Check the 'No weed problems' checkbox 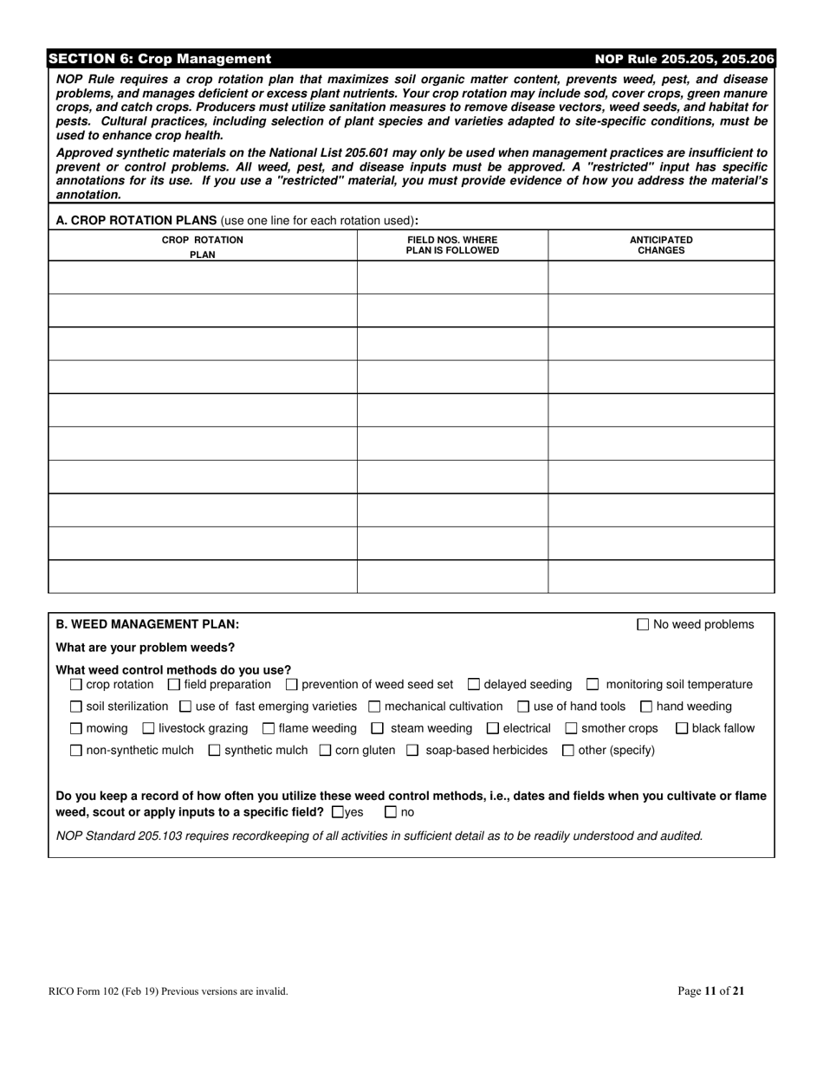tap(643, 624)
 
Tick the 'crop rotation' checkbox tap(76, 685)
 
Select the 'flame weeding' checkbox tap(269, 729)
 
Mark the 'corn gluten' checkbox tap(326, 751)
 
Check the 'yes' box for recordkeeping tap(339, 812)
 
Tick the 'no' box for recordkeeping tap(391, 812)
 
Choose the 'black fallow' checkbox tap(682, 729)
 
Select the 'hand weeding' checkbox tap(646, 707)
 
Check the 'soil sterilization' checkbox tap(76, 707)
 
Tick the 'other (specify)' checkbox tap(568, 751)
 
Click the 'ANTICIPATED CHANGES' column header tap(661, 245)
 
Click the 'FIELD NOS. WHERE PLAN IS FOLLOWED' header tap(452, 245)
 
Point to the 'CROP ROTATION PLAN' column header tap(203, 247)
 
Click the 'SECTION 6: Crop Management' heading tap(160, 59)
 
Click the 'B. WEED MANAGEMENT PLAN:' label tap(147, 624)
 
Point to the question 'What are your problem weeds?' tap(145, 648)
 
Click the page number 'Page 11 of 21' tap(710, 991)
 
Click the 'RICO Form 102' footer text tap(168, 991)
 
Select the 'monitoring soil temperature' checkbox tap(593, 685)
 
